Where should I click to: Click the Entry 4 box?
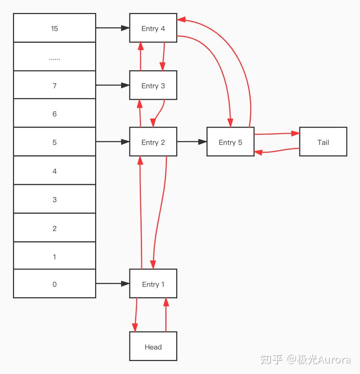pyautogui.click(x=153, y=28)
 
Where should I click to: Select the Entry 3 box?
pyautogui.click(x=153, y=85)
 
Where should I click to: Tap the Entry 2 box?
pyautogui.click(x=153, y=142)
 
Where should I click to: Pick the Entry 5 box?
pyautogui.click(x=230, y=142)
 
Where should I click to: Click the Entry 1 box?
pyautogui.click(x=153, y=284)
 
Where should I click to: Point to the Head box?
pyautogui.click(x=153, y=347)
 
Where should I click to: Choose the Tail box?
pyautogui.click(x=323, y=142)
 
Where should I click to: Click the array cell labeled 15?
pyautogui.click(x=54, y=28)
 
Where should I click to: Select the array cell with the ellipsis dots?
pyautogui.click(x=54, y=57)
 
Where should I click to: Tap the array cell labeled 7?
pyautogui.click(x=54, y=85)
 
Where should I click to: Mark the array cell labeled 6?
pyautogui.click(x=54, y=113)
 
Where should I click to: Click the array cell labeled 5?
pyautogui.click(x=54, y=142)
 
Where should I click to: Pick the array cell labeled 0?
pyautogui.click(x=54, y=284)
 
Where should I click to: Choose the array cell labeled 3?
pyautogui.click(x=54, y=199)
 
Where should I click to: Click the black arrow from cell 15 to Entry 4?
pyautogui.click(x=112, y=28)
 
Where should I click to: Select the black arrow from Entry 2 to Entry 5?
pyautogui.click(x=192, y=142)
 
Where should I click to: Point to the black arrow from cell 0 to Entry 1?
pyautogui.click(x=112, y=284)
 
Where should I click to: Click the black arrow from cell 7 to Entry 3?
pyautogui.click(x=112, y=85)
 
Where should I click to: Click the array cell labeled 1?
pyautogui.click(x=54, y=256)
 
